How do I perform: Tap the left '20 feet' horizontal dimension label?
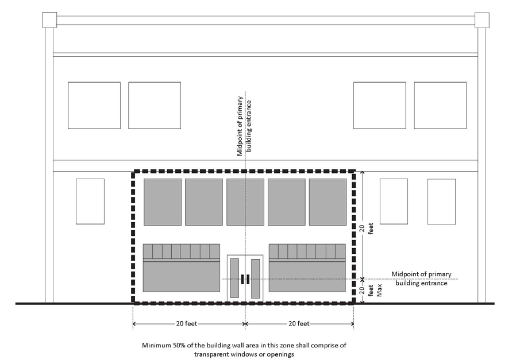pos(187,324)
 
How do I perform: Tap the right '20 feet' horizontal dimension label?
pos(299,324)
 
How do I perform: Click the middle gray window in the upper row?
pos(245,202)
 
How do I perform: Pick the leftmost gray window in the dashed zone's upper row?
pos(163,202)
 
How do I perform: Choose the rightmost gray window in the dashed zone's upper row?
pos(328,202)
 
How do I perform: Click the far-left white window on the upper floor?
pos(94,105)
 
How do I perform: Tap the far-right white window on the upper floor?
pos(440,105)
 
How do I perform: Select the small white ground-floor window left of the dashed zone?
pos(90,201)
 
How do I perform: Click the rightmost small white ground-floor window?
pos(441,201)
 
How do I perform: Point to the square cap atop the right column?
pos(482,20)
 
